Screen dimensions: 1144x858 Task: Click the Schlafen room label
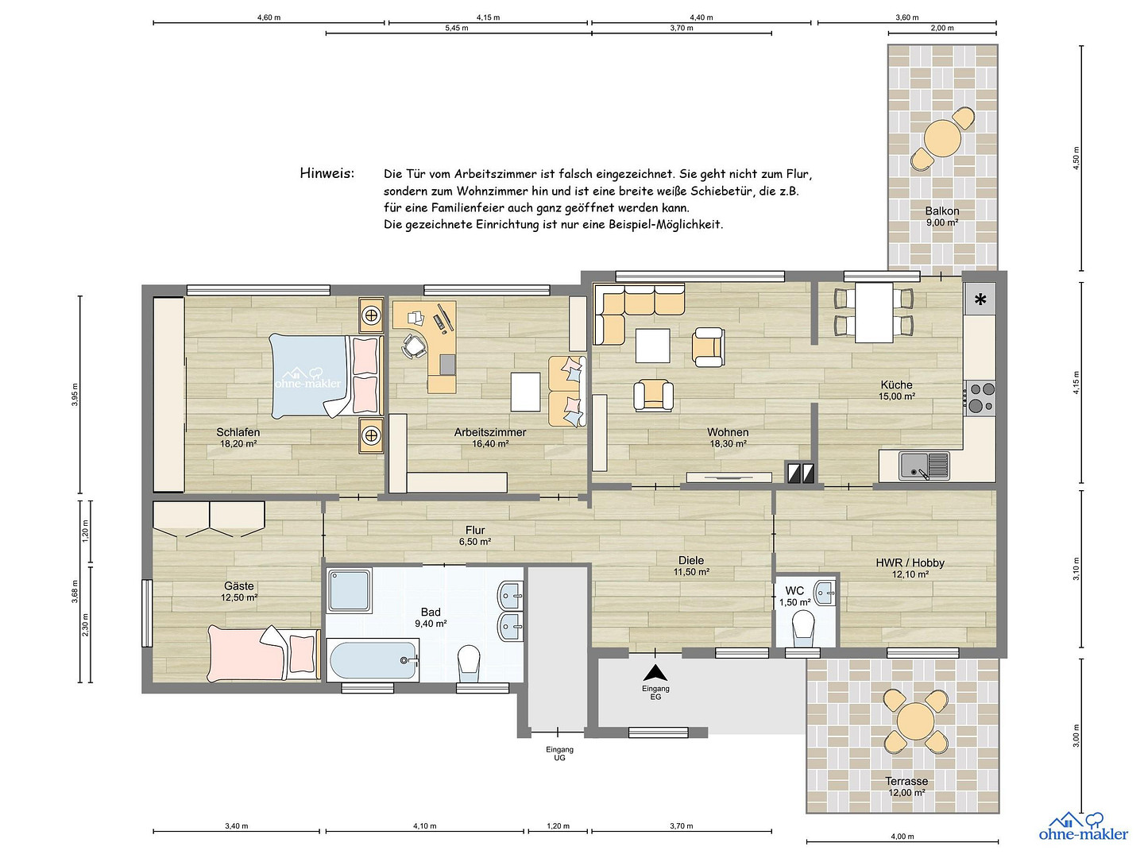[238, 432]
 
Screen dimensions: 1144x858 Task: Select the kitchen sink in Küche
[923, 466]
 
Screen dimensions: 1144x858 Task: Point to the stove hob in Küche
[980, 398]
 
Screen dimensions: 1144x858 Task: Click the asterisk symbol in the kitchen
[980, 299]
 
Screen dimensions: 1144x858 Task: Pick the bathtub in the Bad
[372, 660]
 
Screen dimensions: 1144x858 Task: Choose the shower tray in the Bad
[350, 589]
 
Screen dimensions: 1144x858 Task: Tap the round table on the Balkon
[942, 138]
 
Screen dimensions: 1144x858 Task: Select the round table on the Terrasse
[916, 721]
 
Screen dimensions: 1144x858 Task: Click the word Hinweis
[327, 173]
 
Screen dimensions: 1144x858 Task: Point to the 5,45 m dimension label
[457, 28]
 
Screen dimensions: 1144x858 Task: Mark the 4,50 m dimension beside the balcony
[1076, 158]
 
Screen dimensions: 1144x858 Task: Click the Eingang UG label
[560, 753]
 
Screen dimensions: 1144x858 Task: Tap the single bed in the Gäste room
[265, 654]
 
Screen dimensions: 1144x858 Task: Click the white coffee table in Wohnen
[652, 346]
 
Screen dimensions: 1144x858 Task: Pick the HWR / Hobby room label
[910, 562]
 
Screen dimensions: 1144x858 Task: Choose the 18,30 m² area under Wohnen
[728, 444]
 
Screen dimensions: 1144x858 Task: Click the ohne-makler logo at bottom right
[1083, 827]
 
